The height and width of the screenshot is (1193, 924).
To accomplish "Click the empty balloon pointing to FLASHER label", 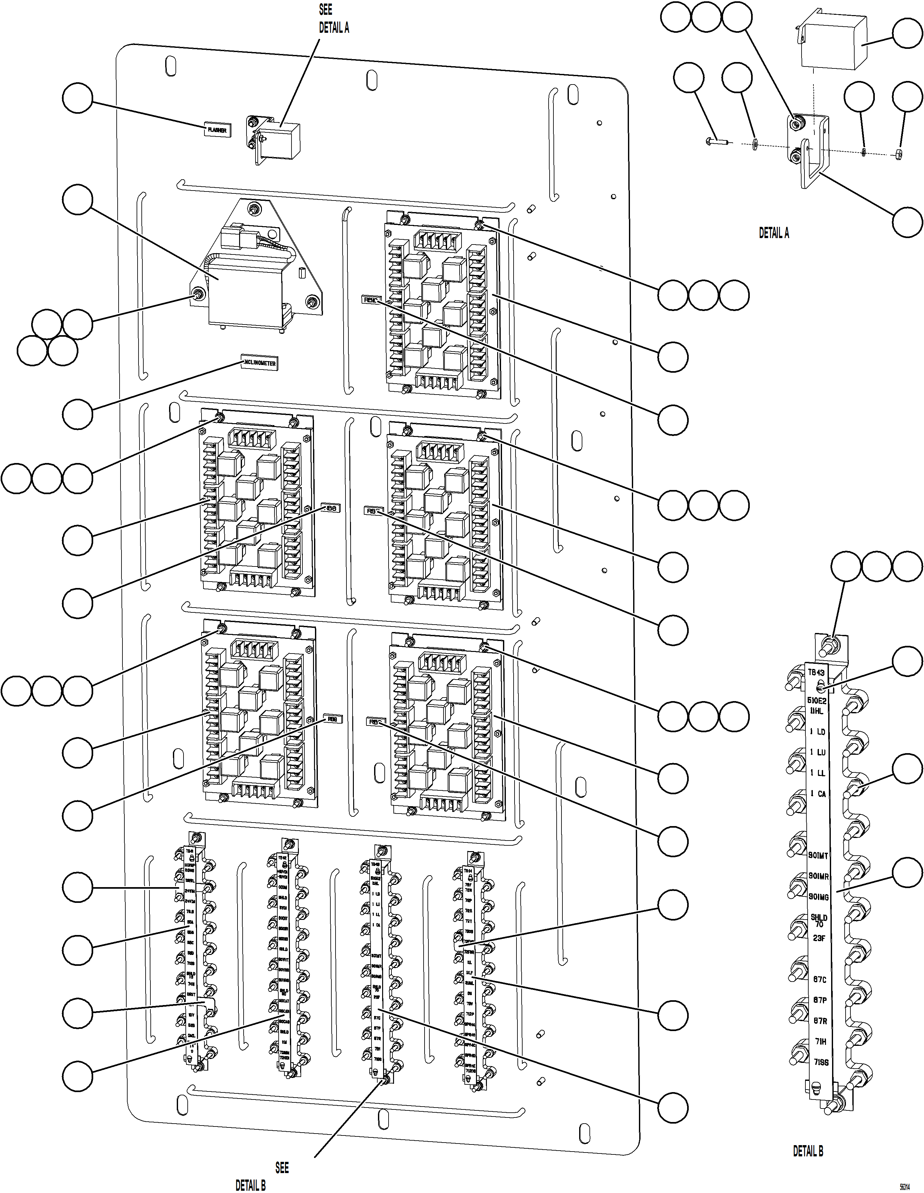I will [x=77, y=98].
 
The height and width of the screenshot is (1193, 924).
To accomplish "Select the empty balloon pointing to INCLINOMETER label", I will [x=77, y=414].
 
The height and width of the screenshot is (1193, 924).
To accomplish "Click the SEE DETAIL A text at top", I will [x=333, y=19].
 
